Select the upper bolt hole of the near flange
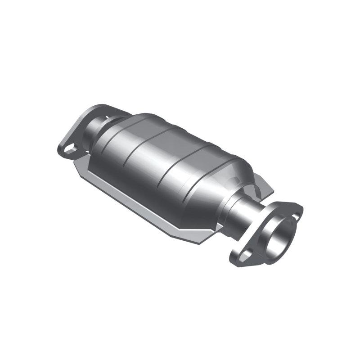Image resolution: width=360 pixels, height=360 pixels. pos(295,216)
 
